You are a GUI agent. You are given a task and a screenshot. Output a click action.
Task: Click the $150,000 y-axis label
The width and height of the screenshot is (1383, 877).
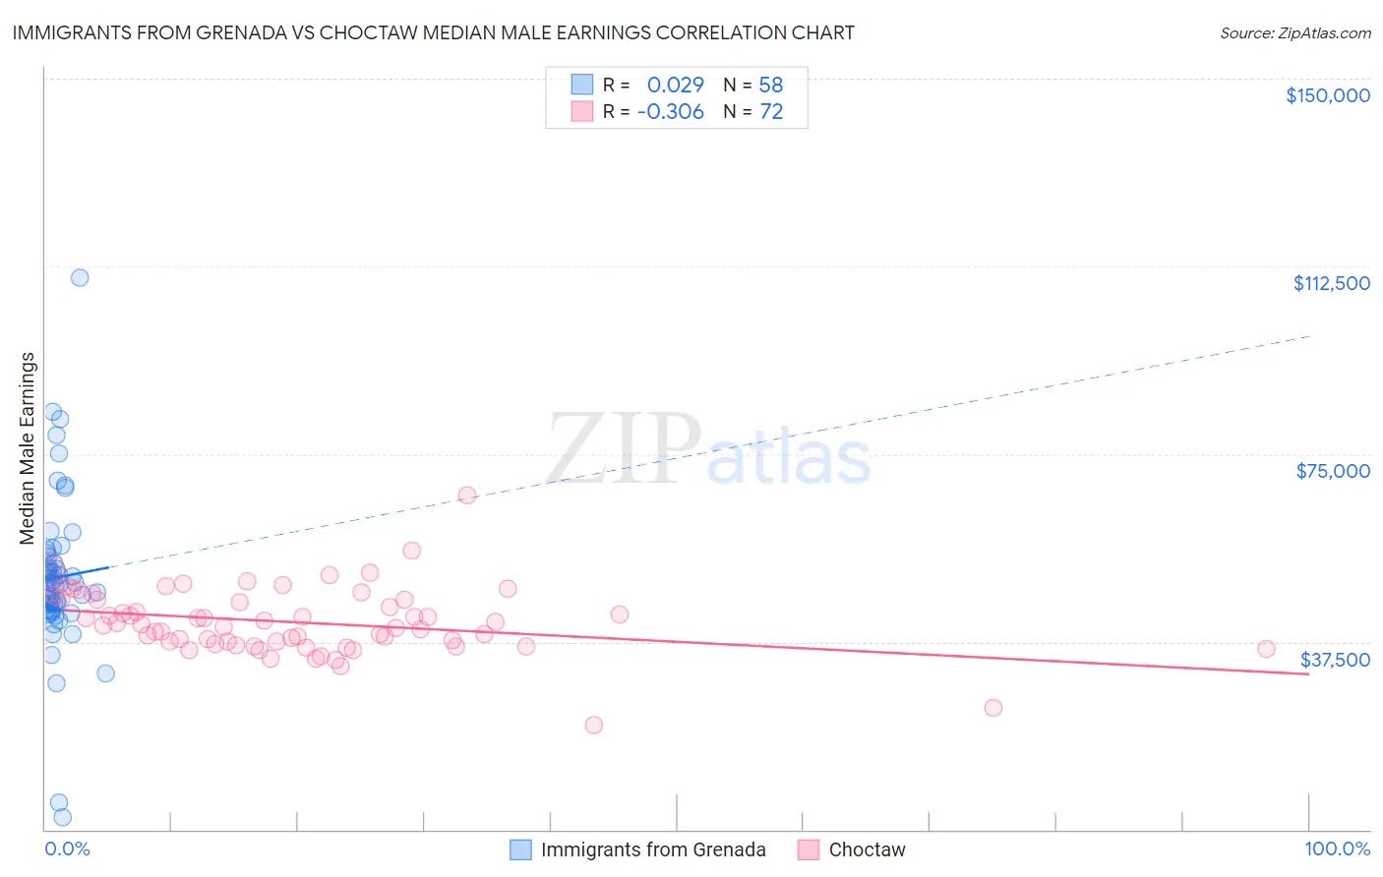tap(1327, 95)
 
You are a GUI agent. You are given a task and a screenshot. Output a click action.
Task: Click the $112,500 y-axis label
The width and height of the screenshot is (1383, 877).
tap(1331, 283)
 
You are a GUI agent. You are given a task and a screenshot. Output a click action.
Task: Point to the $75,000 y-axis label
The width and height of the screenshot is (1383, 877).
tap(1333, 471)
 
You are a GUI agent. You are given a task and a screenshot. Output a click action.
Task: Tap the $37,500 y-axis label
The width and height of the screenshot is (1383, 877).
tap(1335, 660)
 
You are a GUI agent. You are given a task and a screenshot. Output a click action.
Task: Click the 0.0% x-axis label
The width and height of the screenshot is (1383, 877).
tap(67, 849)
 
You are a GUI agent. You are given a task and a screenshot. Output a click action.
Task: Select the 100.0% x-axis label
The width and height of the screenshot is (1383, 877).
tap(1337, 849)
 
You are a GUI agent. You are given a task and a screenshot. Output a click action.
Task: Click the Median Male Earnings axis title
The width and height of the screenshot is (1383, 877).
tap(28, 448)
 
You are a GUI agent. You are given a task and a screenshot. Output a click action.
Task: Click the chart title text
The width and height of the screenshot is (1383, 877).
tap(433, 32)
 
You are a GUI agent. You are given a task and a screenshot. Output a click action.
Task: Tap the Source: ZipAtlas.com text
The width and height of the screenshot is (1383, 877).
tap(1294, 33)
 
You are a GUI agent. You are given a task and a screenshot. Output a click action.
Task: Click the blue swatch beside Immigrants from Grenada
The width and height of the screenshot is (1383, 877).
tap(520, 849)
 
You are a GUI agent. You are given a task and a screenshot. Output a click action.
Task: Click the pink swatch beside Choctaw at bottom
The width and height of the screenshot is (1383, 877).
tap(809, 849)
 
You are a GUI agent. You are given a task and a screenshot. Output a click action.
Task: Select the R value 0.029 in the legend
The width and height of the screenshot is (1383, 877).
tap(675, 86)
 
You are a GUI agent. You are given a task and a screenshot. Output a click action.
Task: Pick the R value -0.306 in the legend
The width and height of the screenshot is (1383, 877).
tap(670, 112)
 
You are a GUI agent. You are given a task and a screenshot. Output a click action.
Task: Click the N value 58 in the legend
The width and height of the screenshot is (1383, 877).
tap(771, 86)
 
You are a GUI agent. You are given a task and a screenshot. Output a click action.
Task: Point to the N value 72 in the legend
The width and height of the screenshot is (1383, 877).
tap(771, 112)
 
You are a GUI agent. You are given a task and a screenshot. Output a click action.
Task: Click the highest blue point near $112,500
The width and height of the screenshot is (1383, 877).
tap(80, 277)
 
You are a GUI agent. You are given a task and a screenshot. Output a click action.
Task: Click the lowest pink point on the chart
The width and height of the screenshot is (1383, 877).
tap(593, 725)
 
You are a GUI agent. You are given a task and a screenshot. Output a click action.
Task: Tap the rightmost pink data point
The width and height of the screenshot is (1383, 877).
tap(1266, 649)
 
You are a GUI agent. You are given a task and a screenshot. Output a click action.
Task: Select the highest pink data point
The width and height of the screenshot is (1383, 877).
tap(467, 495)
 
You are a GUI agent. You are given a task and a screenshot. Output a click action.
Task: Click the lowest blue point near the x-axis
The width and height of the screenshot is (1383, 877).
tap(62, 817)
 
